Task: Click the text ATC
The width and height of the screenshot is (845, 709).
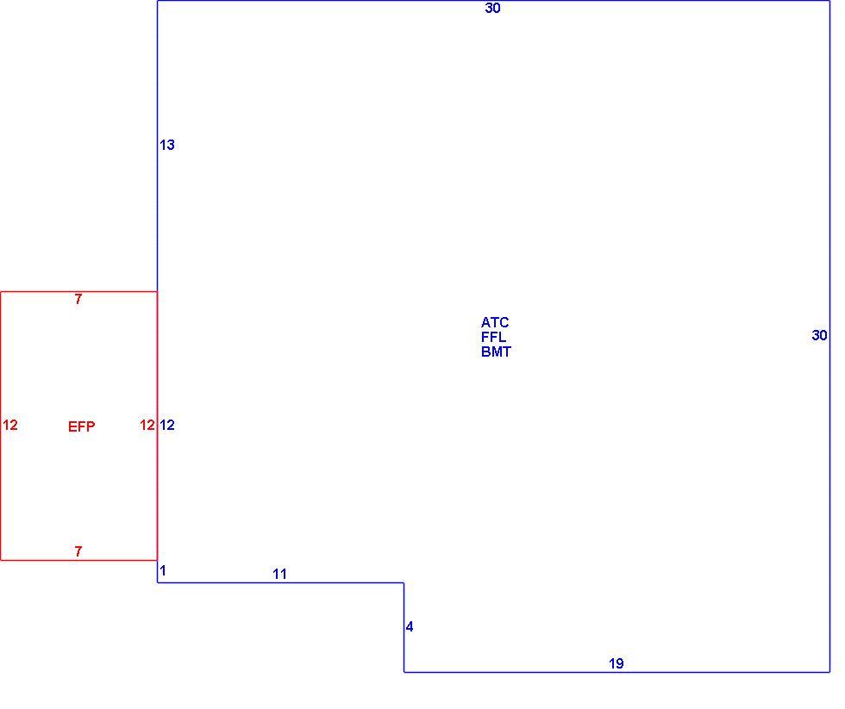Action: point(495,322)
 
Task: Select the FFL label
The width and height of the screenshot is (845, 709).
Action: point(493,337)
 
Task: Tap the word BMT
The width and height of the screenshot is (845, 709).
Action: point(496,351)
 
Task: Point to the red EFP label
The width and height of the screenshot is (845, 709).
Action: point(81,427)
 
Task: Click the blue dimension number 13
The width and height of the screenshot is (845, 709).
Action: point(167,145)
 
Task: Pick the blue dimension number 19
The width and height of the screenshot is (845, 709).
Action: point(616,664)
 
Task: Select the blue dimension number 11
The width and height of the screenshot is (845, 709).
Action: point(279,574)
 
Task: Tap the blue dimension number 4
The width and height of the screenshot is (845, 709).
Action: point(410,626)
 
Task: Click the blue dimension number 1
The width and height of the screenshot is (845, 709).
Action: point(163,570)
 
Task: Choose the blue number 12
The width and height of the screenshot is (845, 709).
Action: point(167,426)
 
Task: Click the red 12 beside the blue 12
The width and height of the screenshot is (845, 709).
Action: point(147,426)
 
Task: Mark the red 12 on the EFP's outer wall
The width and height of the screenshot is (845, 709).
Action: point(10,426)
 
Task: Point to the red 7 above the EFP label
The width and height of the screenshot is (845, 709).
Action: point(78,299)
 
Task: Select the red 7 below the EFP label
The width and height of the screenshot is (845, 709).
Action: point(78,551)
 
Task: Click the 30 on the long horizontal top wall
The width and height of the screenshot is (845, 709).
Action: point(492,8)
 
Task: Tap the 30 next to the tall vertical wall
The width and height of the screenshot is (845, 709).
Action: point(819,335)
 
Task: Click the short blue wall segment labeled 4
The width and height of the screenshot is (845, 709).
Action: point(404,627)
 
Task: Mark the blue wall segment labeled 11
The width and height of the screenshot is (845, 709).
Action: point(281,582)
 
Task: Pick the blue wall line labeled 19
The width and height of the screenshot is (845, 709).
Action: point(617,672)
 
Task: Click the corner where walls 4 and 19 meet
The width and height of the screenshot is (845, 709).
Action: point(404,672)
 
